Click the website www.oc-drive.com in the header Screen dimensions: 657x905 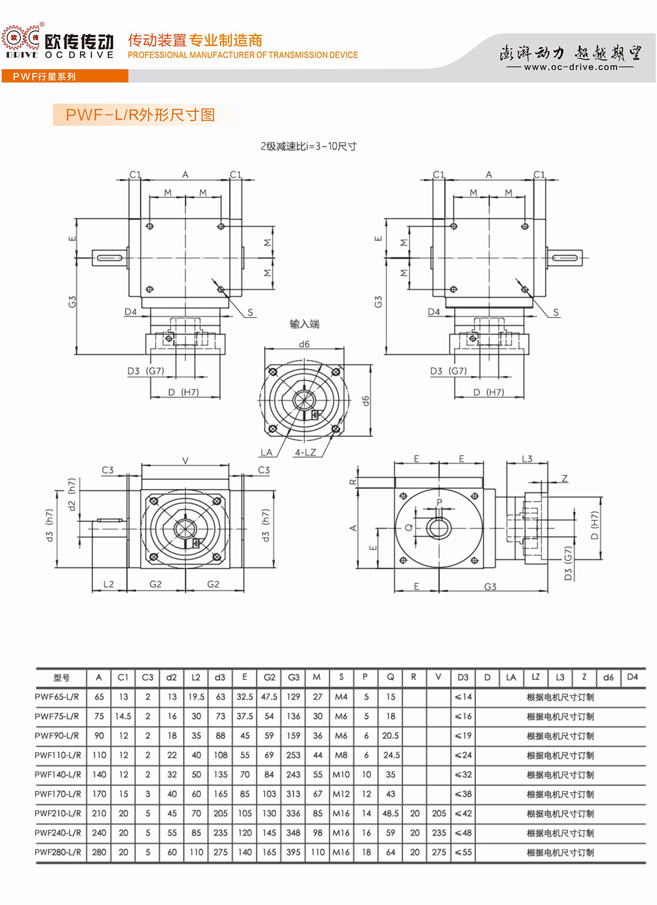570,67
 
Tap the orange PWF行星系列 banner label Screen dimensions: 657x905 44,77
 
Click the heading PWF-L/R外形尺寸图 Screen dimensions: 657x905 140,115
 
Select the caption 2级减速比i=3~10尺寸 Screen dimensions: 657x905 309,146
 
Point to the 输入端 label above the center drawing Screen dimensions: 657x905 305,324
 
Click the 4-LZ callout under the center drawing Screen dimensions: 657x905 305,452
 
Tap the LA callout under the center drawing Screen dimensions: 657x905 267,452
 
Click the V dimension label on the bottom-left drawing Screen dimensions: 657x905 185,460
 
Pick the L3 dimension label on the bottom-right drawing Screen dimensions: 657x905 527,459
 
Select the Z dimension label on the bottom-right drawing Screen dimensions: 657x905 565,478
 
